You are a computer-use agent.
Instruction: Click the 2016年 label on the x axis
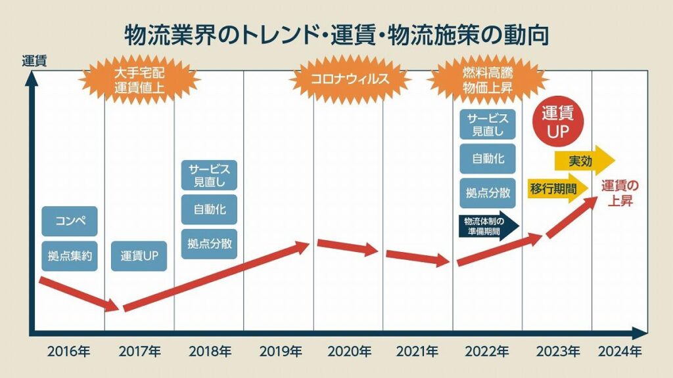pos(68,351)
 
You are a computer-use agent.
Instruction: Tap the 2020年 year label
pos(348,351)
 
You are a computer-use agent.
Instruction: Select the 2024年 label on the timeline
pos(620,351)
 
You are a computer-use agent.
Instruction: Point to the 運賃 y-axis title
pos(34,63)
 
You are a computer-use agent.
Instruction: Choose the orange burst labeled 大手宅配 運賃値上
pos(139,79)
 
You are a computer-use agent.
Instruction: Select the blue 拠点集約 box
pos(69,256)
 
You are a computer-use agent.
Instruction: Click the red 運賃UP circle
pos(557,122)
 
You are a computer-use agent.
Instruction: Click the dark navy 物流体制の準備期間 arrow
pos(486,224)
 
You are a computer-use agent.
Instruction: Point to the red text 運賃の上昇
pos(619,193)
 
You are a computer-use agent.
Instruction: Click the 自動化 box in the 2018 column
pos(209,210)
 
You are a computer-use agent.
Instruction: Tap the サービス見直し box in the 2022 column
pos(488,124)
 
